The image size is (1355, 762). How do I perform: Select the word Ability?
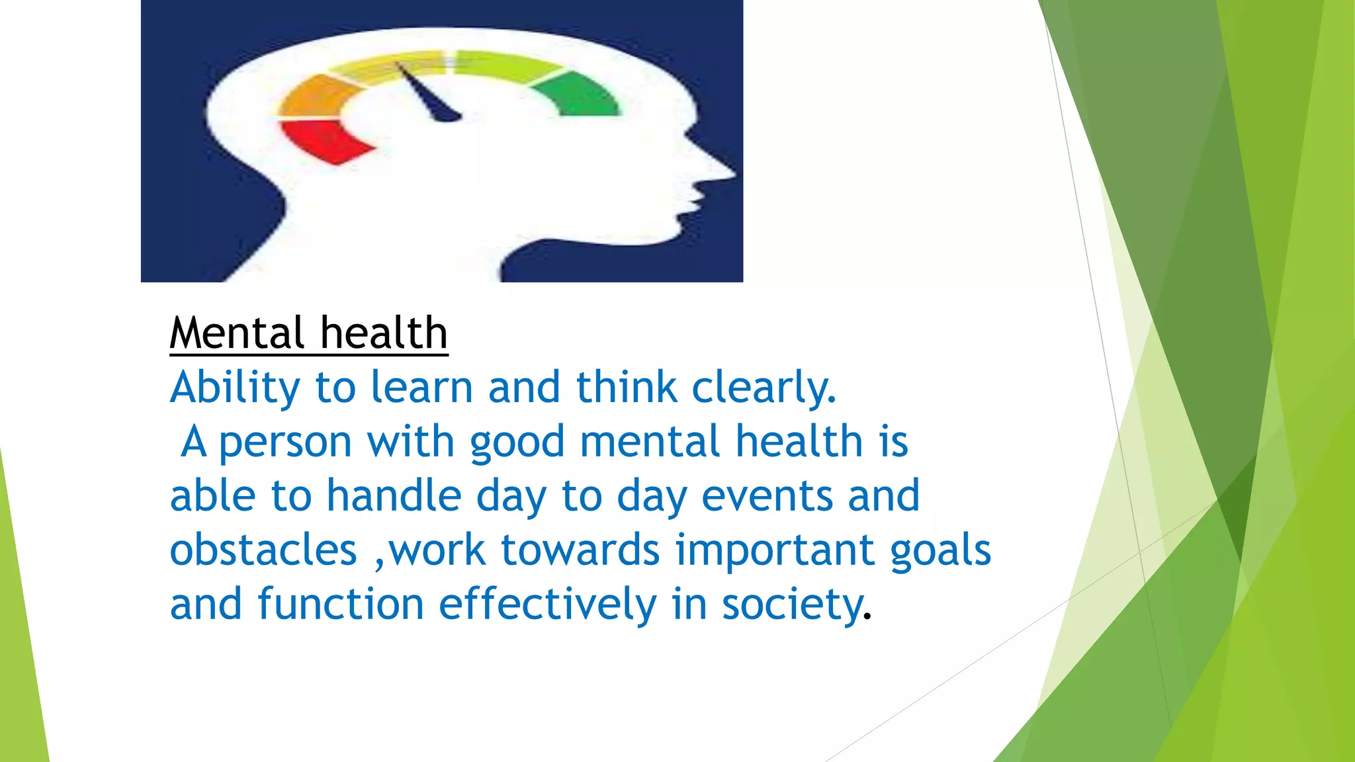coord(235,388)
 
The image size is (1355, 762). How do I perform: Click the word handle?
coord(394,496)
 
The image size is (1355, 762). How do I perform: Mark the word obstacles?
coord(263,550)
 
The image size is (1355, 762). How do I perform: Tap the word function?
coord(340,605)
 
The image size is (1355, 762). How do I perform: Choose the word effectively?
coord(547,605)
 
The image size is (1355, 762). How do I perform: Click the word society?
coord(793,605)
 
